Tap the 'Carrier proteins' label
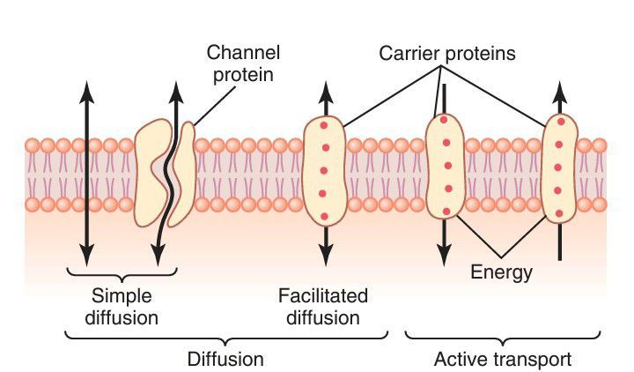tap(446, 54)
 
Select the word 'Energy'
tap(501, 272)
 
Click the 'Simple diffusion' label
tap(122, 305)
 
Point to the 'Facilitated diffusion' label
tap(322, 305)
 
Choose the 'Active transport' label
tap(503, 360)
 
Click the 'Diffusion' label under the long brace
tap(225, 360)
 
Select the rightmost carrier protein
tap(560, 167)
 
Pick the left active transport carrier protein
tap(445, 167)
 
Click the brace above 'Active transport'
tap(504, 335)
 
